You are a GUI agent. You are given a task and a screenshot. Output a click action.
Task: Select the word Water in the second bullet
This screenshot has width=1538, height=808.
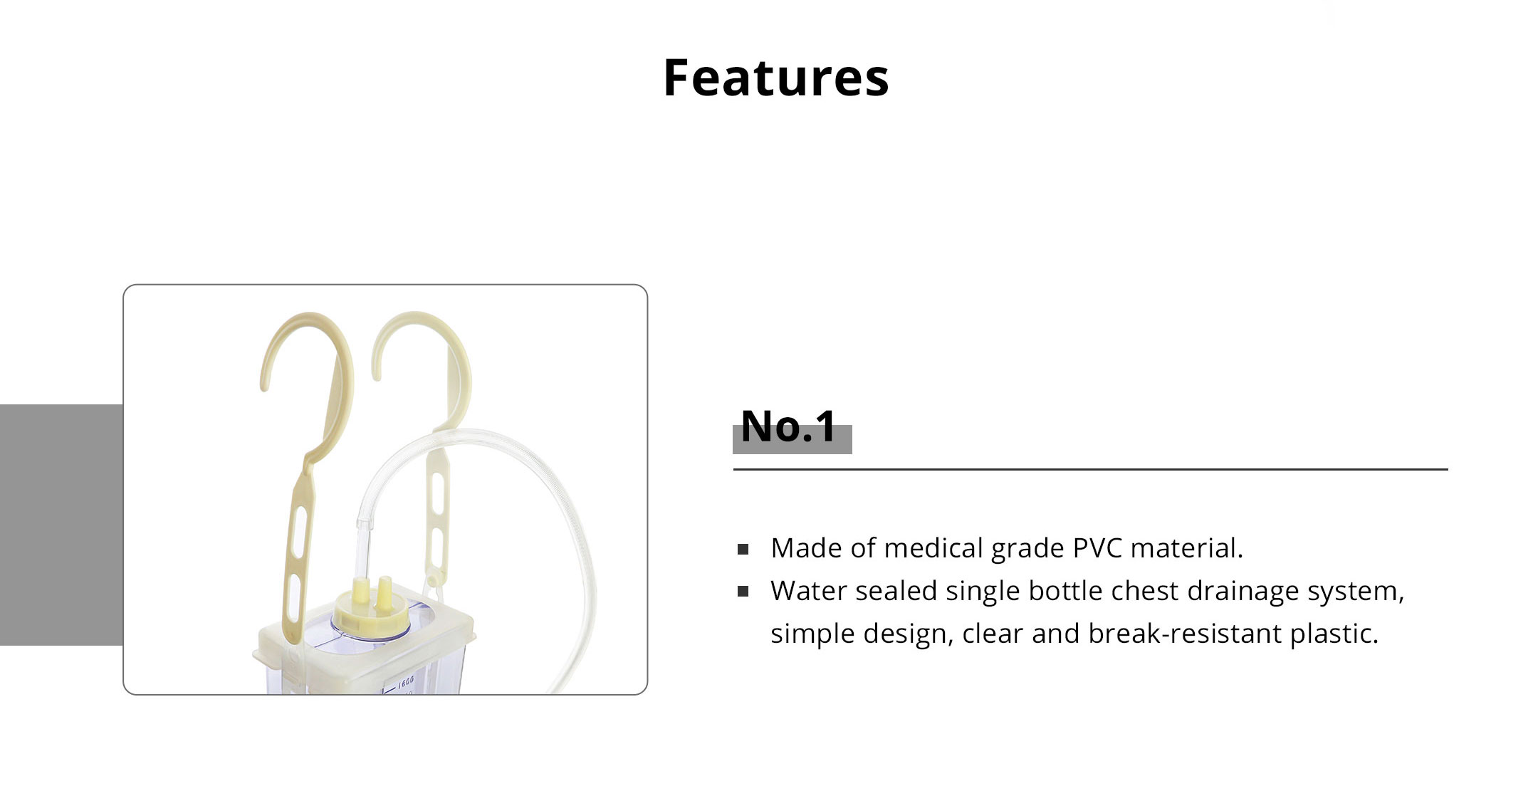click(x=807, y=591)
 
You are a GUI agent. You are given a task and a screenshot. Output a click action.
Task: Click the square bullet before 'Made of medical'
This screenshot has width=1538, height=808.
click(x=743, y=549)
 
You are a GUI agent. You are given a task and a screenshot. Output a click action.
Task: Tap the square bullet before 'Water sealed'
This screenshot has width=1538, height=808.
click(x=743, y=592)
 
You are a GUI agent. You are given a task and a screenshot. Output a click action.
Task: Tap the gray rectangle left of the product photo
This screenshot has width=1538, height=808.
click(x=61, y=525)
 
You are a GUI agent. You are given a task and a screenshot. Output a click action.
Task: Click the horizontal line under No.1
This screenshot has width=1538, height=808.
click(x=1090, y=470)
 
